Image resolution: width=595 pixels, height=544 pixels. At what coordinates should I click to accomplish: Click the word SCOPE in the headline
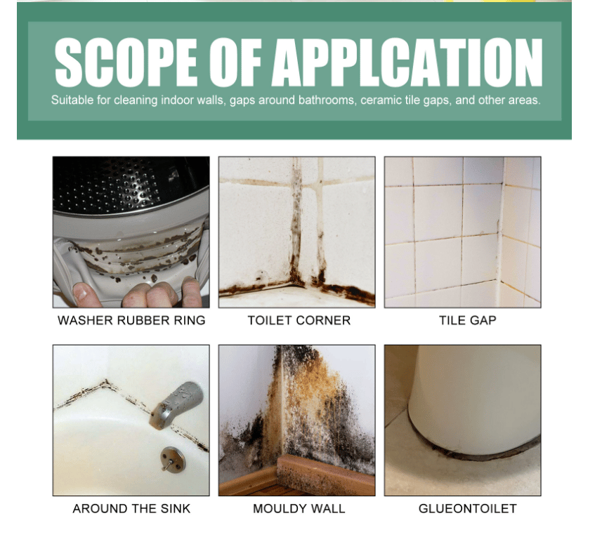pyautogui.click(x=126, y=62)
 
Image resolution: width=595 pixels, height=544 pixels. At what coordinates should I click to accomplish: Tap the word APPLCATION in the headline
pyautogui.click(x=407, y=62)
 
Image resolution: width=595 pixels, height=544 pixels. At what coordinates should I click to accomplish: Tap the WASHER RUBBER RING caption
pyautogui.click(x=131, y=320)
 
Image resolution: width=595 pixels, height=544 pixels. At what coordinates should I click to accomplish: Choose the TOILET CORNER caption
pyautogui.click(x=299, y=320)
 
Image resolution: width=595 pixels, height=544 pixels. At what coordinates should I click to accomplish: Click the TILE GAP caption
pyautogui.click(x=468, y=320)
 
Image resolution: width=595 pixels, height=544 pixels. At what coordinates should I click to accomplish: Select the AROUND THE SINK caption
pyautogui.click(x=131, y=508)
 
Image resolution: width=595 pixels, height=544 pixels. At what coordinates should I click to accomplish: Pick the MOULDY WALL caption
pyautogui.click(x=299, y=508)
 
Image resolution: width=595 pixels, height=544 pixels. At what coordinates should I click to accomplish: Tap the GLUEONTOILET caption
pyautogui.click(x=468, y=508)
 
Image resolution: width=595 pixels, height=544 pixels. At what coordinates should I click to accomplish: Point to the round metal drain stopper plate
pyautogui.click(x=173, y=458)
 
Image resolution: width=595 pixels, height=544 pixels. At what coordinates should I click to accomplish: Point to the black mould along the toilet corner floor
pyautogui.click(x=296, y=289)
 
